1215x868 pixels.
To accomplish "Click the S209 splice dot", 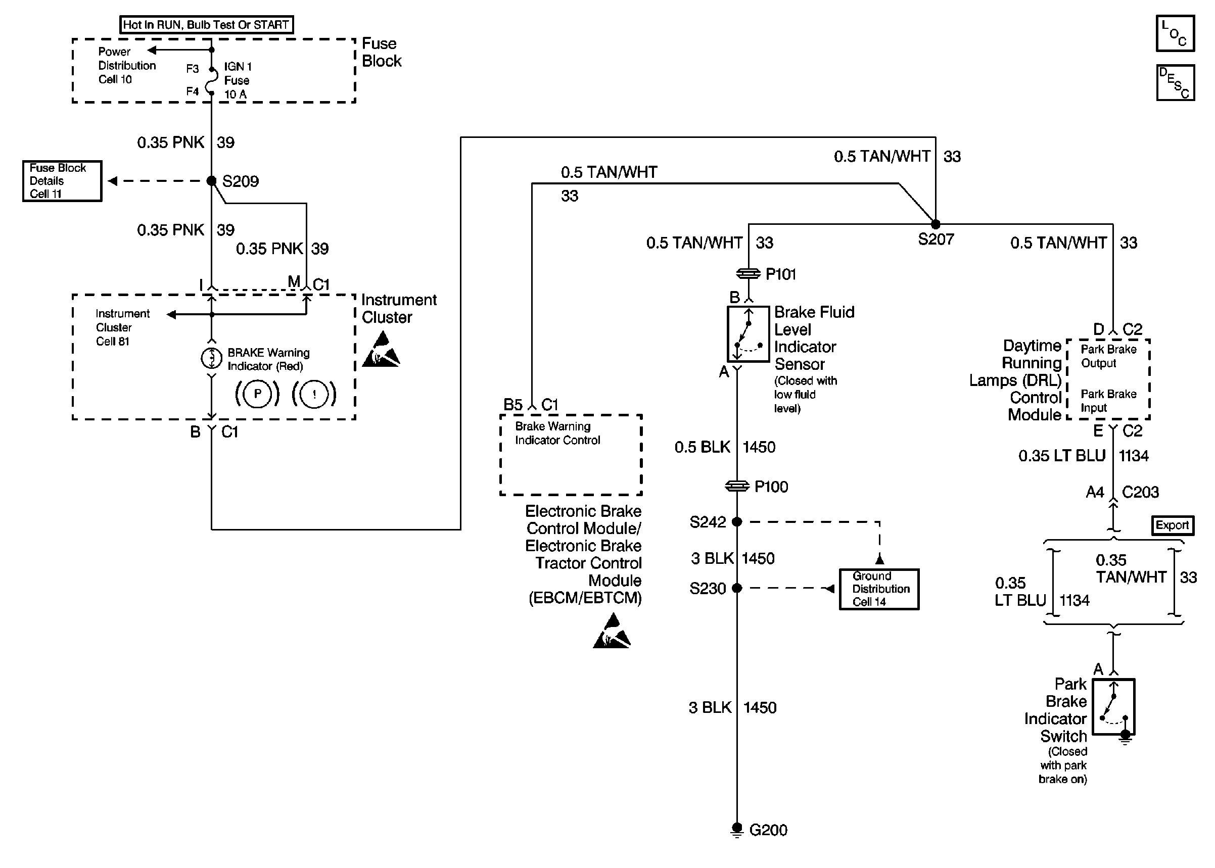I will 212,181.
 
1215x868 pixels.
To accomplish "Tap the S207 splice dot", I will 936,224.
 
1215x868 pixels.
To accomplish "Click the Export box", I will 1172,525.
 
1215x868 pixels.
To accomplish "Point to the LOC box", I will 1175,34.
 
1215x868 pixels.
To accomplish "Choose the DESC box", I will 1175,83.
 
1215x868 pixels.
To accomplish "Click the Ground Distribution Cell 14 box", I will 879,589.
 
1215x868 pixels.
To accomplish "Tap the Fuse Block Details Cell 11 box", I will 62,181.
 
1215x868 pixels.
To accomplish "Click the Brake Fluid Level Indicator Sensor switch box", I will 748,334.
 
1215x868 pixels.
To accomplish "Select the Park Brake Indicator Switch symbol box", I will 1113,707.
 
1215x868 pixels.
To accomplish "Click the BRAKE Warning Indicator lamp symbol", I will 211,358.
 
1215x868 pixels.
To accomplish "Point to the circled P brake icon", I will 257,395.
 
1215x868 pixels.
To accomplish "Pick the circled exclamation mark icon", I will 314,395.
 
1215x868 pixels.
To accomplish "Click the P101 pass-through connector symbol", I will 748,274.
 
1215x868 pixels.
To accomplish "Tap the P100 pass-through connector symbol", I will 736,487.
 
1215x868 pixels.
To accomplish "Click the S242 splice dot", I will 736,521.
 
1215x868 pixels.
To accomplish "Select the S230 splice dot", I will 736,588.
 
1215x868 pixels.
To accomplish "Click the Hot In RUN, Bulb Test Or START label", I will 206,25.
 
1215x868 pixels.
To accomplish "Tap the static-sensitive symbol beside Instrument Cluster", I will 381,350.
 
